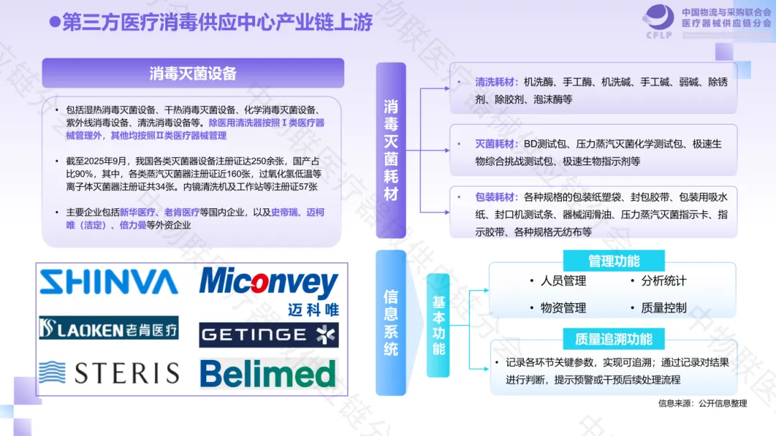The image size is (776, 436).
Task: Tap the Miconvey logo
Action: (269, 289)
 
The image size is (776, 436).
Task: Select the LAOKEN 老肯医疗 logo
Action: (108, 328)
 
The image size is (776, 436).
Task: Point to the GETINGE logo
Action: (269, 335)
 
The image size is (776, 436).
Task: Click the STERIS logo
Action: (108, 373)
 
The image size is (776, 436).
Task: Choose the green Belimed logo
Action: (267, 374)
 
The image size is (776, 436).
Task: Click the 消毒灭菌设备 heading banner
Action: (193, 73)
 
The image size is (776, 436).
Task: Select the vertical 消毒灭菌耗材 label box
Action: (391, 150)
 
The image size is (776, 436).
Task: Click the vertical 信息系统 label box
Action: (391, 323)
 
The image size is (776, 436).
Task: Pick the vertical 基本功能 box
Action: (438, 325)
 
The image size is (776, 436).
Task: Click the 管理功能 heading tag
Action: (614, 261)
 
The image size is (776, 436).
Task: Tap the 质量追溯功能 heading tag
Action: (614, 338)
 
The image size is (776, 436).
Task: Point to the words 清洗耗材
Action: (494, 82)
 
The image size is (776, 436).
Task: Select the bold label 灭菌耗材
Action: (494, 144)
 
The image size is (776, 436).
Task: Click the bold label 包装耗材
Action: (494, 197)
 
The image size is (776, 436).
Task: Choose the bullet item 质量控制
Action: (663, 307)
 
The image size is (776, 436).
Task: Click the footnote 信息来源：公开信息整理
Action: (702, 403)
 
